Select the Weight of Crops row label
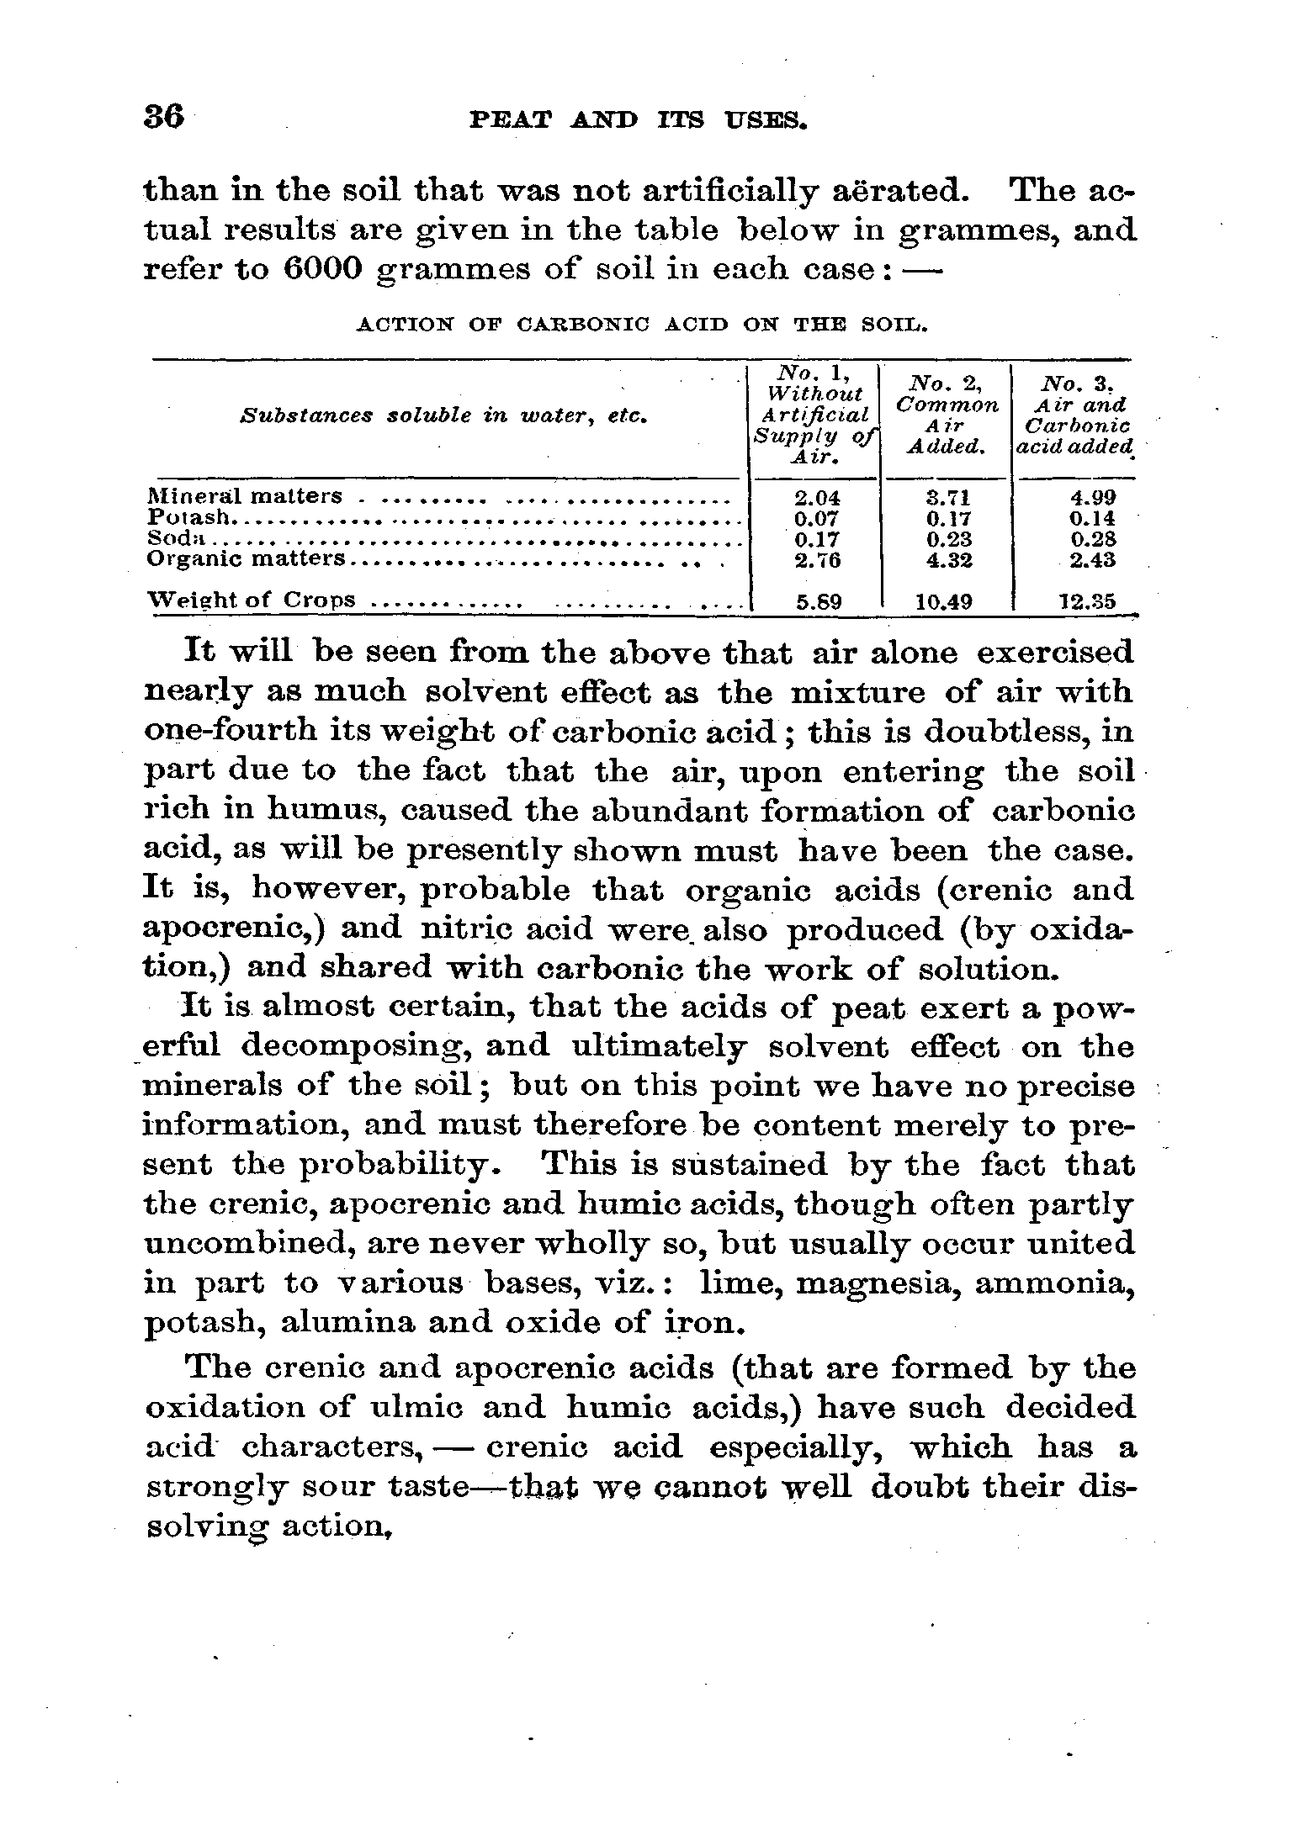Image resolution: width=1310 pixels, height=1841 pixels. pos(252,600)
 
